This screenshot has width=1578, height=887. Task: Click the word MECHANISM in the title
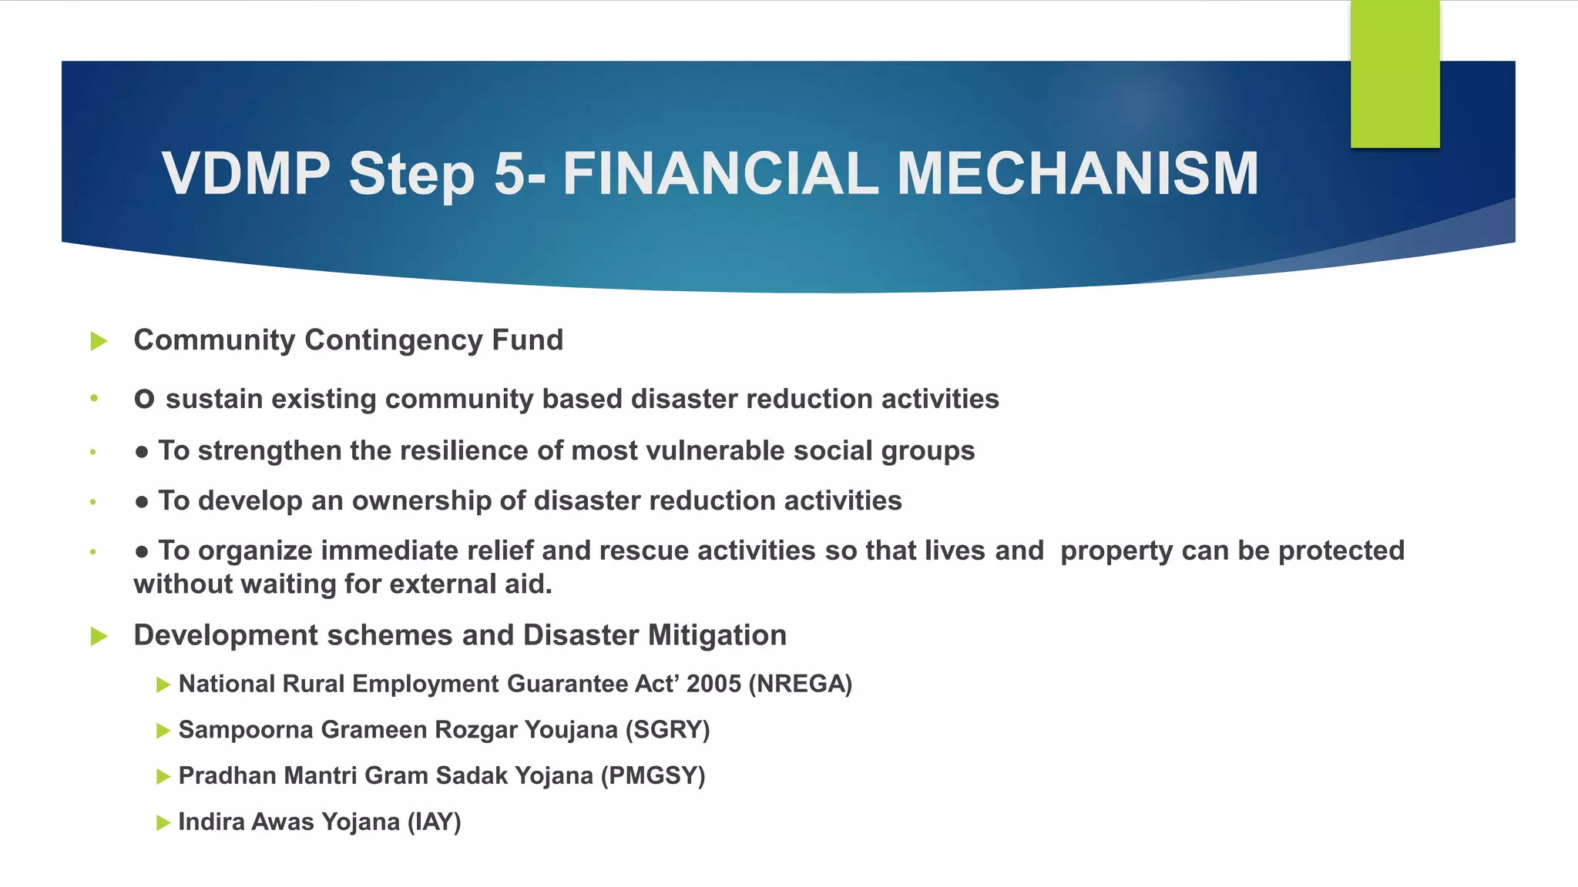pos(1078,173)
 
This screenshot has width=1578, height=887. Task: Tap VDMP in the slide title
pos(246,173)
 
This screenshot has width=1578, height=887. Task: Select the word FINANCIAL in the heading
pos(720,173)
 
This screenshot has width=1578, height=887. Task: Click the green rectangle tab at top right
pos(1395,73)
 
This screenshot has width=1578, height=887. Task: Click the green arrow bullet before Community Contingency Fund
pos(99,341)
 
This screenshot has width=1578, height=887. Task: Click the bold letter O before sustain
pos(144,399)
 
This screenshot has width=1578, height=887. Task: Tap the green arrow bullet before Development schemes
pos(99,636)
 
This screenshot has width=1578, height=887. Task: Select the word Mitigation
pos(717,635)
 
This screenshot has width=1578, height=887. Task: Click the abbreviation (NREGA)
pos(801,684)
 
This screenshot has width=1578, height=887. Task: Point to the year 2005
pos(713,684)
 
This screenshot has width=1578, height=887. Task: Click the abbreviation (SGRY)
pos(667,729)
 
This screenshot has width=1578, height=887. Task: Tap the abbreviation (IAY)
pos(434,822)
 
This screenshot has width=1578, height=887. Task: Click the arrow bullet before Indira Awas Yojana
pos(163,822)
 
